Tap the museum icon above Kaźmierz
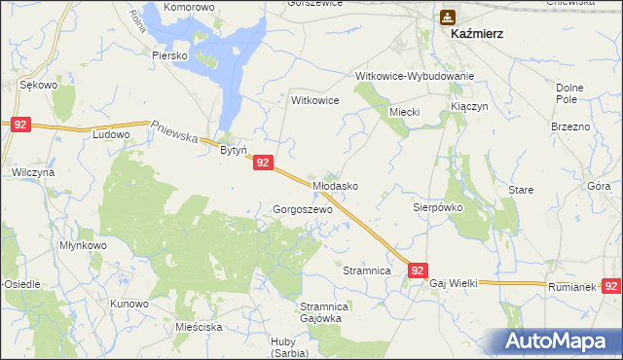click(x=447, y=16)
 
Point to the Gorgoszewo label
click(x=303, y=209)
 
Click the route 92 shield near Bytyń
click(x=263, y=164)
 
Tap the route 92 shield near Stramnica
click(x=417, y=270)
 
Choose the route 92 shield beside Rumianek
click(x=611, y=286)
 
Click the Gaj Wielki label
click(x=454, y=283)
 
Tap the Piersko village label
click(x=168, y=55)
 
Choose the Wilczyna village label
click(x=32, y=171)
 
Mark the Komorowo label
click(x=189, y=7)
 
